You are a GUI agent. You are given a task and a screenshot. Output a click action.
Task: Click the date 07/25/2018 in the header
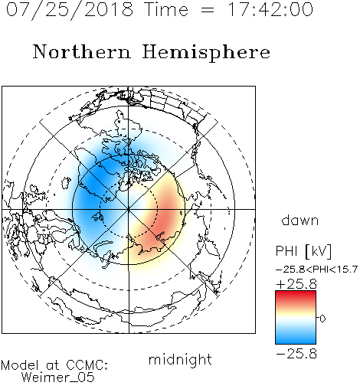[70, 10]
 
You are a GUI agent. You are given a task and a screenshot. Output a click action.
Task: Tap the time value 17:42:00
[270, 9]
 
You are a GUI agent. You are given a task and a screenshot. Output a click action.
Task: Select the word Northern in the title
[82, 51]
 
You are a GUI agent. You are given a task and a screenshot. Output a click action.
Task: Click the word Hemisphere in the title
[206, 52]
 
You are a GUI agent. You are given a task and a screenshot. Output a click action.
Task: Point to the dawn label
[300, 220]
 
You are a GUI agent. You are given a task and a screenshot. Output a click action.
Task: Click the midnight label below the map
[180, 359]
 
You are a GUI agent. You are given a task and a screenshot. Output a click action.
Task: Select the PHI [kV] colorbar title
[304, 251]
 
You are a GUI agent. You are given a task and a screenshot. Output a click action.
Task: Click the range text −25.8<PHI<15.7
[316, 270]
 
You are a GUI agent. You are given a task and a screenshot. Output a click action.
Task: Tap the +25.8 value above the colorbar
[296, 284]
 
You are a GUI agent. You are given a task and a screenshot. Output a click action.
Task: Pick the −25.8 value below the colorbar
[296, 354]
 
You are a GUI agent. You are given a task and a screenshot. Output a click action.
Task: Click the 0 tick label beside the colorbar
[322, 319]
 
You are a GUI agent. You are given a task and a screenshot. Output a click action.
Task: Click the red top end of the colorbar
[296, 293]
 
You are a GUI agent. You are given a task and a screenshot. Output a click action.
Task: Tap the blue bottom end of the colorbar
[296, 342]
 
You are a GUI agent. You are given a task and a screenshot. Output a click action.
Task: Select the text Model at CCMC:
[54, 365]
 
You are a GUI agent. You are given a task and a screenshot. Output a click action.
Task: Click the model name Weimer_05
[58, 377]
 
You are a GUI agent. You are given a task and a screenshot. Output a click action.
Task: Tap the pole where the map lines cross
[129, 209]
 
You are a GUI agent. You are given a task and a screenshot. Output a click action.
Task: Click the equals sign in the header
[208, 10]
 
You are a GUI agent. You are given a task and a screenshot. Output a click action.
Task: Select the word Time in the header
[166, 9]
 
